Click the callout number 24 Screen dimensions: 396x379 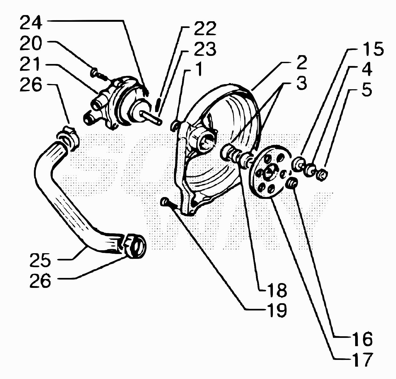(31, 23)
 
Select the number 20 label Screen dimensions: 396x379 (31, 43)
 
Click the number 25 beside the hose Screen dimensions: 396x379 (40, 260)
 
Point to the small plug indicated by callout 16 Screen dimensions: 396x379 (292, 182)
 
